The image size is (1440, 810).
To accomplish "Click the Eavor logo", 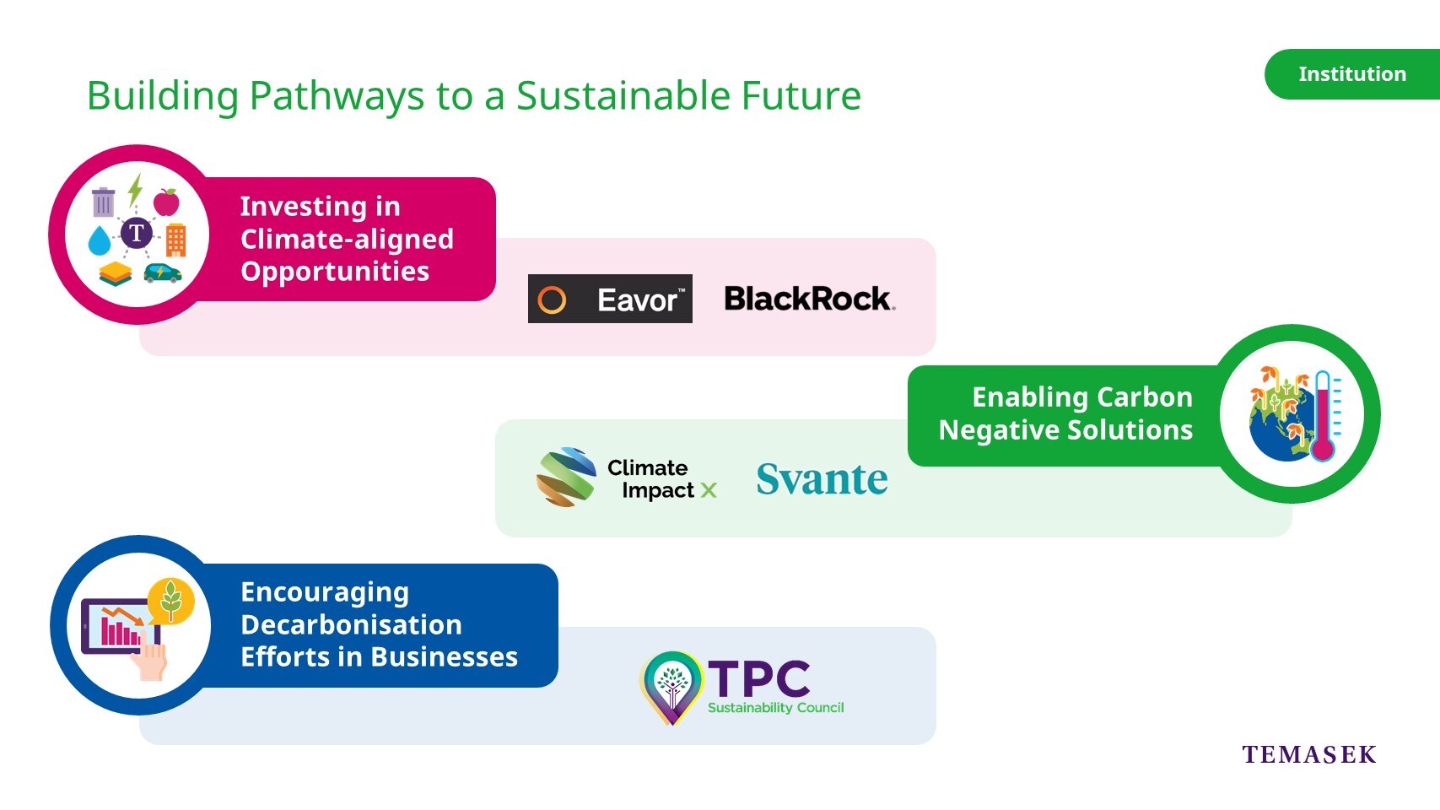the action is pyautogui.click(x=610, y=299).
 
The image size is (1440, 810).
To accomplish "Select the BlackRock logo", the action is pyautogui.click(x=809, y=299).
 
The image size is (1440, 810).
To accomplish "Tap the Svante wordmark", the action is pyautogui.click(x=822, y=479).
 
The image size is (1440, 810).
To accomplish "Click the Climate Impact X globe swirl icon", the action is pyautogui.click(x=566, y=477).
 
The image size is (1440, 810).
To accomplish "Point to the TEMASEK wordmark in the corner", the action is pyautogui.click(x=1309, y=754).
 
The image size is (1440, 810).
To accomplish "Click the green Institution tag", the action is pyautogui.click(x=1352, y=74).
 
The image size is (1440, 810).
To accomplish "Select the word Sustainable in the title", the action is pyautogui.click(x=623, y=96).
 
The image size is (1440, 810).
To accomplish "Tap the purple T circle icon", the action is pyautogui.click(x=137, y=233).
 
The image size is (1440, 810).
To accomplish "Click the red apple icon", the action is pyautogui.click(x=166, y=202).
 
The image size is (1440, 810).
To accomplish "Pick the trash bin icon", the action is pyautogui.click(x=103, y=201).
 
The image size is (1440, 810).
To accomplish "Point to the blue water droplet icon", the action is pyautogui.click(x=99, y=240).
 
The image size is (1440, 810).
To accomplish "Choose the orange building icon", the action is pyautogui.click(x=176, y=240).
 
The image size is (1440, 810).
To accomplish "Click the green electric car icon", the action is pyautogui.click(x=163, y=273).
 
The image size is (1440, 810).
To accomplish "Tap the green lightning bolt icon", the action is pyautogui.click(x=135, y=189).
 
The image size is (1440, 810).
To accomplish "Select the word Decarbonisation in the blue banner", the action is pyautogui.click(x=352, y=625).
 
